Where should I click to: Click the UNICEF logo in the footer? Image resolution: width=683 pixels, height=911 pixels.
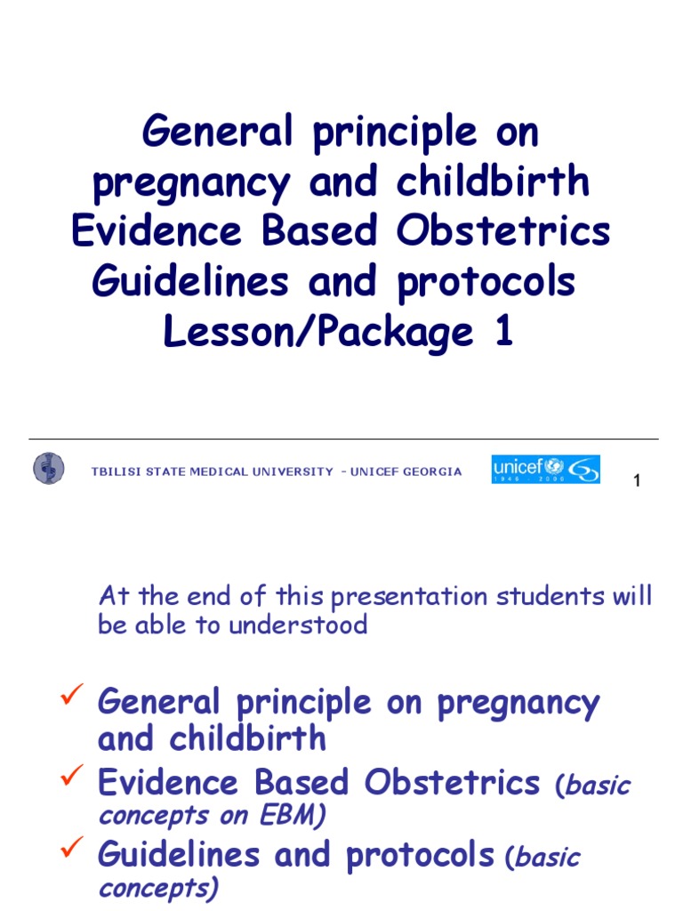click(545, 469)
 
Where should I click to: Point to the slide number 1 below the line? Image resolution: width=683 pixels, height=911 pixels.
click(637, 481)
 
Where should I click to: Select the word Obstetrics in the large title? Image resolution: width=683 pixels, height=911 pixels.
click(503, 231)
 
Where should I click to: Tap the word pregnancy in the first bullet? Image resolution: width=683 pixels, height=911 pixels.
click(518, 703)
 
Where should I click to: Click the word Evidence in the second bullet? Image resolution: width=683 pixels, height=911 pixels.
click(168, 783)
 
